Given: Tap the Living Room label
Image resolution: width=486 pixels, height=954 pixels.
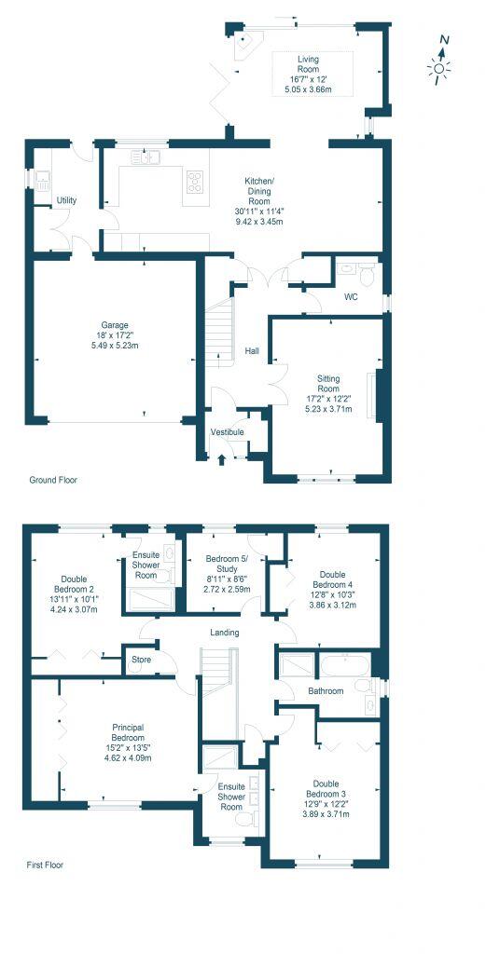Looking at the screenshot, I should point(308,63).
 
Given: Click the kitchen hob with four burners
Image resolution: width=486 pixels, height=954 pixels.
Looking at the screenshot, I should point(196,181).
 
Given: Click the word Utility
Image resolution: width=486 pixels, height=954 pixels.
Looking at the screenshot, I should point(66,200).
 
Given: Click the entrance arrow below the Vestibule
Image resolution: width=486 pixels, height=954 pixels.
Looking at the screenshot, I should point(221,457).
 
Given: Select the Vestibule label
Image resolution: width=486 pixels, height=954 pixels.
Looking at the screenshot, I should point(227,432).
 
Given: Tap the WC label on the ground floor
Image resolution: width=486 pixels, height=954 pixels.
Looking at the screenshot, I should point(351,298).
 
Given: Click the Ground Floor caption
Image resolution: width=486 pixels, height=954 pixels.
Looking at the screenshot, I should point(52,481).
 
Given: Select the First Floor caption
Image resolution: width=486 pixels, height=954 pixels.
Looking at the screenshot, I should point(45,865).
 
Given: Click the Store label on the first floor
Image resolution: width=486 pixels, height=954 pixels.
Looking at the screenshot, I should point(142,662).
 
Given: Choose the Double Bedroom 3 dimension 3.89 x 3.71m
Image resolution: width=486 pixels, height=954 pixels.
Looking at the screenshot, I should point(326,814).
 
